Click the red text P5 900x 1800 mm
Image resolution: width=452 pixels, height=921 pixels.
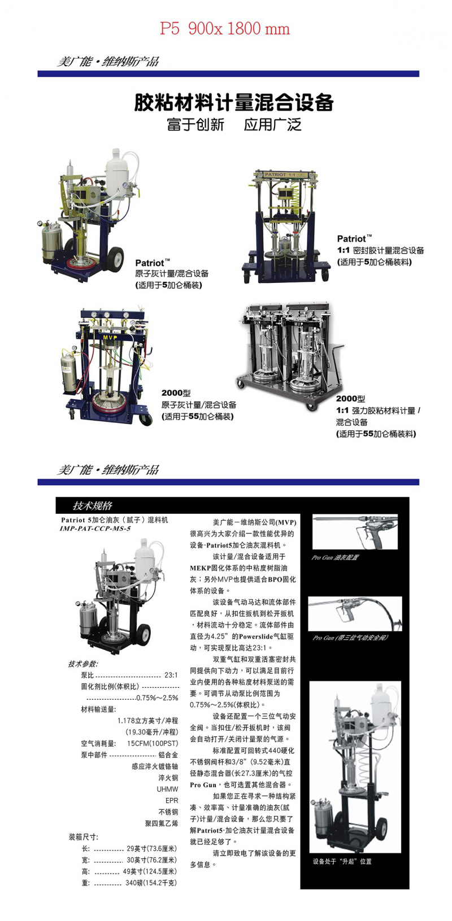225,29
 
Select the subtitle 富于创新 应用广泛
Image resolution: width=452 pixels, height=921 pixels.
234,125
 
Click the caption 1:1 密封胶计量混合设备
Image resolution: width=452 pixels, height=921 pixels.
380,250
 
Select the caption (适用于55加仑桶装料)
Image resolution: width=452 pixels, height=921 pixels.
376,434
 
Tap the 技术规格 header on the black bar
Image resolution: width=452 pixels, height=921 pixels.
93,505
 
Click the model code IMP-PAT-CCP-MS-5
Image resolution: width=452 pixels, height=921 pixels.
95,529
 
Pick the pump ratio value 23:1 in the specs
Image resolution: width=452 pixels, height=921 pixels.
171,675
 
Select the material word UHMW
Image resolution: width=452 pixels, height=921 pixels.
167,789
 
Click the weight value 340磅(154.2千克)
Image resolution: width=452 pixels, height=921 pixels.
151,883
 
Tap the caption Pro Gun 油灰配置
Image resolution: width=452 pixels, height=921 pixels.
335,557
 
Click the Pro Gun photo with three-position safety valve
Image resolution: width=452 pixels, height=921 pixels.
355,614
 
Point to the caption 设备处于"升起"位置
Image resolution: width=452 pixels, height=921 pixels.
342,862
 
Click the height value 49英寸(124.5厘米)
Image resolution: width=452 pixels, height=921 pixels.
150,871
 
